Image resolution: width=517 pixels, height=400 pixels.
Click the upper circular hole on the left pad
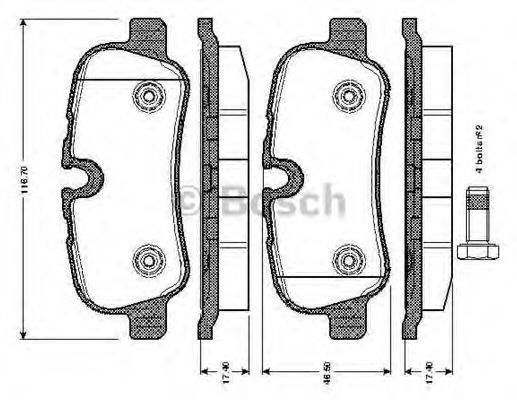pyautogui.click(x=149, y=97)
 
